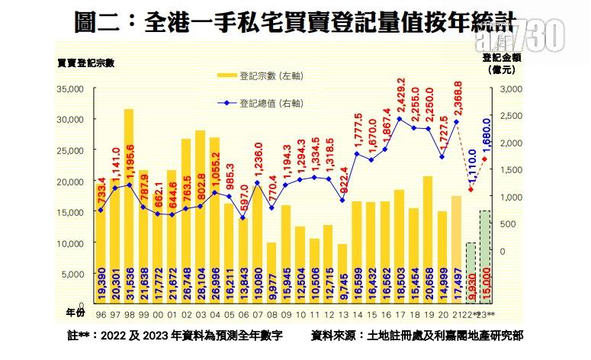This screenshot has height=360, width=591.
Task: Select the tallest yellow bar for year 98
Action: tap(129, 206)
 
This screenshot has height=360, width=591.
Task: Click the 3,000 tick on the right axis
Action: tap(509, 88)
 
